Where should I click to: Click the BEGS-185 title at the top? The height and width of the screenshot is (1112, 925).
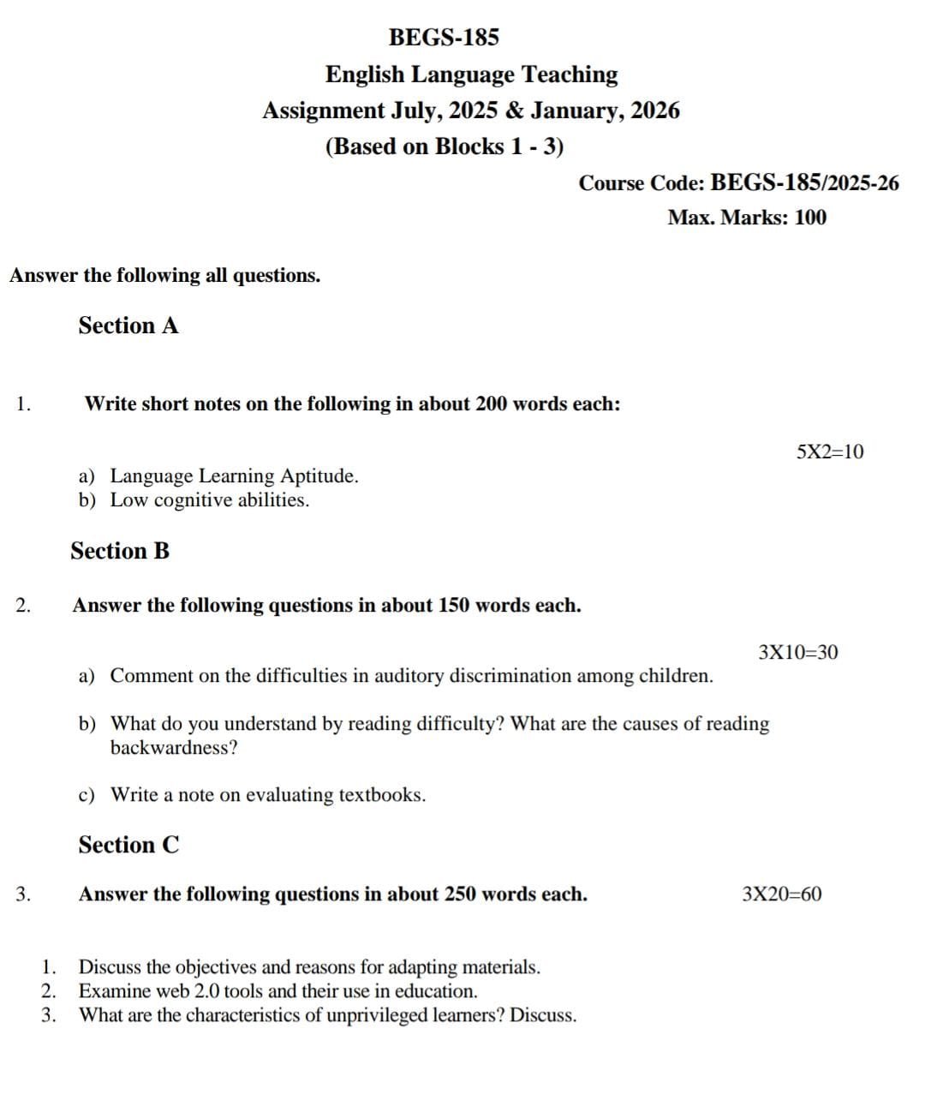444,38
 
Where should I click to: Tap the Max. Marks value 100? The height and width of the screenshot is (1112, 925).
810,218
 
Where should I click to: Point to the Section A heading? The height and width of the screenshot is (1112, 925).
128,326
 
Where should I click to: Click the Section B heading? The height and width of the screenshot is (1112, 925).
120,551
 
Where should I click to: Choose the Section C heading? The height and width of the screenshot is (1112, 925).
129,845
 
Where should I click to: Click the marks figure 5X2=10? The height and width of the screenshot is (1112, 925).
830,451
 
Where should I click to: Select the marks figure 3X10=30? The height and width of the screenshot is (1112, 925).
798,652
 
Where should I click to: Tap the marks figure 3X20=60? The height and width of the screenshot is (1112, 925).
782,894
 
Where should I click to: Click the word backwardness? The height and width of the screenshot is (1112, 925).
174,748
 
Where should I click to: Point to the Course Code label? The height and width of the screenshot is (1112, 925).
642,183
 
